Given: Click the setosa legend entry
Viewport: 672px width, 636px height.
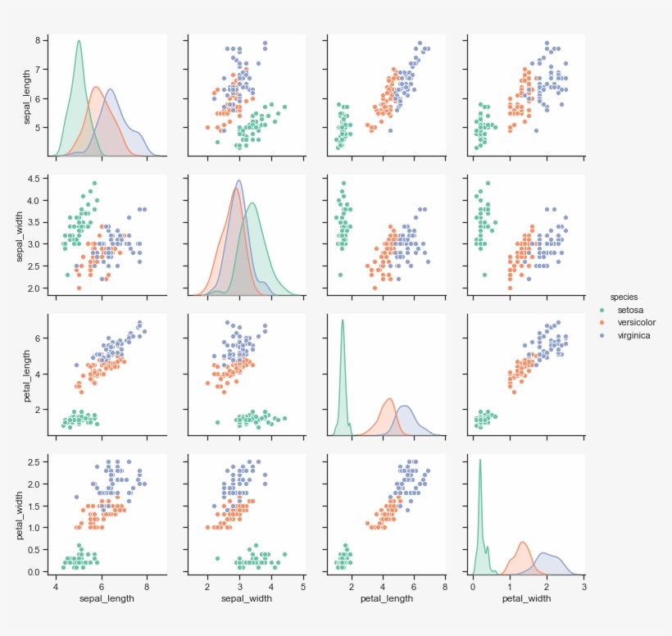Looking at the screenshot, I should point(630,310).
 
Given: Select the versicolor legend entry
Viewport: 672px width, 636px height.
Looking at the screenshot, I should point(635,322).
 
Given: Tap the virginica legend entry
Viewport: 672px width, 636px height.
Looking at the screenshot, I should point(633,335).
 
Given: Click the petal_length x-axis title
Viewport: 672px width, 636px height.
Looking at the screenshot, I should point(386,598).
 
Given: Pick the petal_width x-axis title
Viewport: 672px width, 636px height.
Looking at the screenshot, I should point(526,598).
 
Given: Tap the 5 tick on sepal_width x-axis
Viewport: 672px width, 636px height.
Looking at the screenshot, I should point(303,586).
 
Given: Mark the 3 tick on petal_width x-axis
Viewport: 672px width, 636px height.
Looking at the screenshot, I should point(583,586).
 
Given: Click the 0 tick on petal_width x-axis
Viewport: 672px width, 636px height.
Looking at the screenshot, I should point(473,586).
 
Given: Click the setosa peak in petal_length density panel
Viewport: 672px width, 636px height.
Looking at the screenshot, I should point(343,320).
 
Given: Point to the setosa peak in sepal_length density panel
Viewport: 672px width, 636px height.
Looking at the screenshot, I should point(79,41).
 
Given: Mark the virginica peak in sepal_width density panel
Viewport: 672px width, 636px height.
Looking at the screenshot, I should point(239,180).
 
